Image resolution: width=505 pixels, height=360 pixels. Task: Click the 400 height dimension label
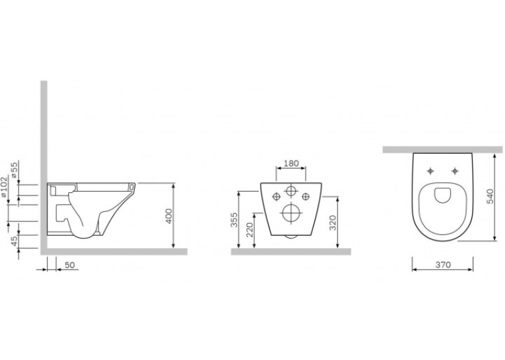(x=170, y=216)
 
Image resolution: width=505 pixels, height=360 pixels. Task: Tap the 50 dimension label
(x=70, y=265)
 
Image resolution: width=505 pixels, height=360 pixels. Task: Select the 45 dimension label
(x=14, y=240)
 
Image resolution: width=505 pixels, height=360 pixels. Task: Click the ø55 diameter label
(x=13, y=170)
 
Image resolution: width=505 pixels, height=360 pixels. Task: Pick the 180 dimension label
(x=292, y=163)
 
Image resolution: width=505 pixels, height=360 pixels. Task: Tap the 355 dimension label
(x=234, y=219)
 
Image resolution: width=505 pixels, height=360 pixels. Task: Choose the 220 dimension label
(x=250, y=230)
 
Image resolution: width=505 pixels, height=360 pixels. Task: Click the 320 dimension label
(x=333, y=223)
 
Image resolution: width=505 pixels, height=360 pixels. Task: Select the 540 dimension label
(x=490, y=197)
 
